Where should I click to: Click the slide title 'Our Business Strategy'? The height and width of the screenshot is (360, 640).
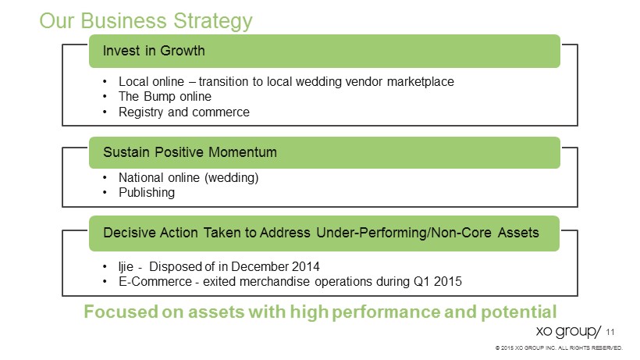point(146,21)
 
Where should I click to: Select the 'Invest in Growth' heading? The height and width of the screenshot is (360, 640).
point(154,51)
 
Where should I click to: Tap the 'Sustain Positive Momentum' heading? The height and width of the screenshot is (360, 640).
point(190,152)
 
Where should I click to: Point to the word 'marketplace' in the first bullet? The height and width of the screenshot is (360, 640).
point(421,82)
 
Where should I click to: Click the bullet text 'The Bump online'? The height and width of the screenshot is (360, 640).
point(165,96)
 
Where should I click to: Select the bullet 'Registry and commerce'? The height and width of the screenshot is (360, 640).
point(184,112)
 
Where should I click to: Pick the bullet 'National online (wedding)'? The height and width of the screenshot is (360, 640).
point(189,177)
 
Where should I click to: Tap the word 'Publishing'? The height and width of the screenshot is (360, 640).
point(147,193)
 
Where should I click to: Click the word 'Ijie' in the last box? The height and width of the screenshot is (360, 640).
point(126,266)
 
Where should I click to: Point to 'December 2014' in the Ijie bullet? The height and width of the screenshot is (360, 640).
point(275,266)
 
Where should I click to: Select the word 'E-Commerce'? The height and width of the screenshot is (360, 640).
point(155,281)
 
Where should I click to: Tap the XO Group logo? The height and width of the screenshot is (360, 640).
point(568,331)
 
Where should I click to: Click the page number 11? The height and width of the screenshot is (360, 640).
point(610,332)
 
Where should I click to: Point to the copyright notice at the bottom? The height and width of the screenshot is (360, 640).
point(559,348)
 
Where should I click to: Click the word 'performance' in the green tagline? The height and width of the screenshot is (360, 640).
point(386,312)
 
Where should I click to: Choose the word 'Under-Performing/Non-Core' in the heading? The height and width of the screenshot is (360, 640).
point(404,233)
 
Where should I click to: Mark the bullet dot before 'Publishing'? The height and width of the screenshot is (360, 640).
point(105,193)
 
